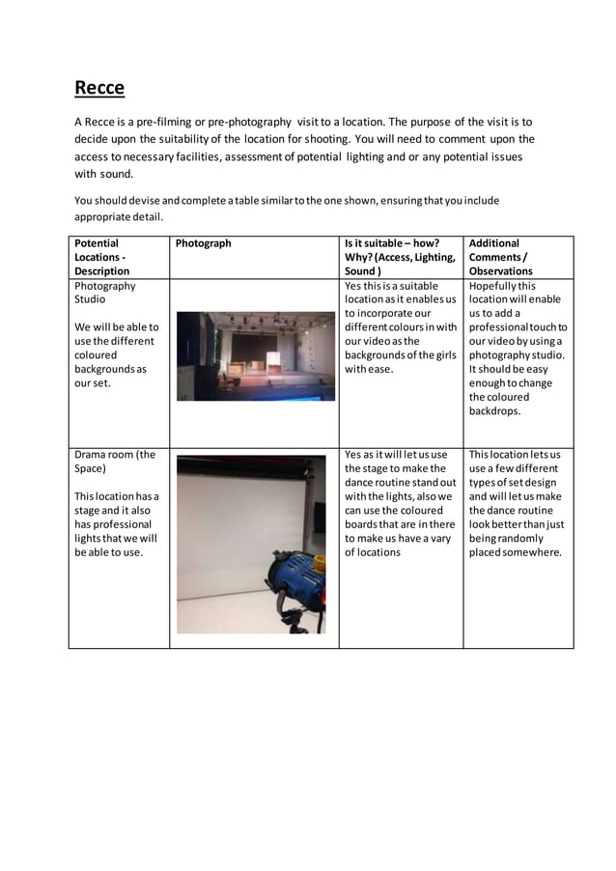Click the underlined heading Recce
tap(99, 88)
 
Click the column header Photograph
tap(203, 243)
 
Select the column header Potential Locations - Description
tap(103, 257)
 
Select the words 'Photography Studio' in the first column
tap(104, 293)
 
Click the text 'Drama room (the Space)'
tap(114, 462)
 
